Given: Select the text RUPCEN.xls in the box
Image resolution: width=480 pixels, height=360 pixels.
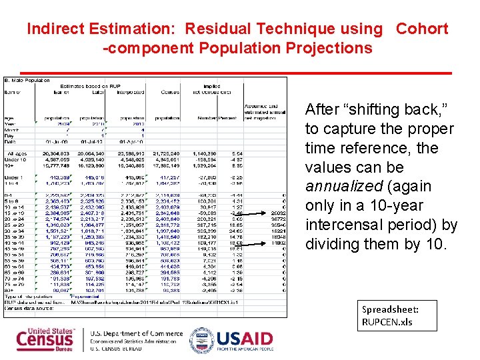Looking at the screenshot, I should pyautogui.click(x=388, y=322).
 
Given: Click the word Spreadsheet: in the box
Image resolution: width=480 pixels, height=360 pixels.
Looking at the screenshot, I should pyautogui.click(x=390, y=309).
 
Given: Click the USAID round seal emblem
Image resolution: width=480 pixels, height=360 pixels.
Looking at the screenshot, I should pyautogui.click(x=201, y=339).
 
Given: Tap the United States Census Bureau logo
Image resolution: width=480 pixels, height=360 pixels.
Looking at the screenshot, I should pyautogui.click(x=45, y=339).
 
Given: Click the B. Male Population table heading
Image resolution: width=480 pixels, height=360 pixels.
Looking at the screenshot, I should pyautogui.click(x=28, y=81).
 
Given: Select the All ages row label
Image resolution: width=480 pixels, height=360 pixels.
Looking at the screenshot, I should pyautogui.click(x=17, y=153).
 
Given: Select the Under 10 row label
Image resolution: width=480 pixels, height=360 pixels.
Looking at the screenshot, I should pyautogui.click(x=17, y=159).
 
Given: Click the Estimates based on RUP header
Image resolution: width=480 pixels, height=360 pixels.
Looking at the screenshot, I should pyautogui.click(x=91, y=87).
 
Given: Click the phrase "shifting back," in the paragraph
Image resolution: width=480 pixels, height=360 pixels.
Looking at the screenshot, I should pyautogui.click(x=373, y=109).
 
